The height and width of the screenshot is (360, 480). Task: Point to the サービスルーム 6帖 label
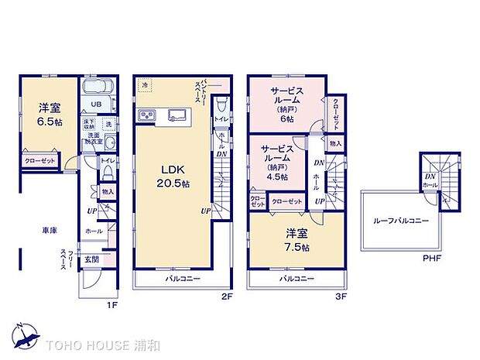(x=286, y=105)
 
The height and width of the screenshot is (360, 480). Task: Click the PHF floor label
(x=433, y=258)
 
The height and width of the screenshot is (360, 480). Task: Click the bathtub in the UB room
(x=98, y=87)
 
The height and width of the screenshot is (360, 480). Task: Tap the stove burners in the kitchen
(x=148, y=117)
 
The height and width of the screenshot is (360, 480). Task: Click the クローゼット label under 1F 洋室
(x=39, y=160)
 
